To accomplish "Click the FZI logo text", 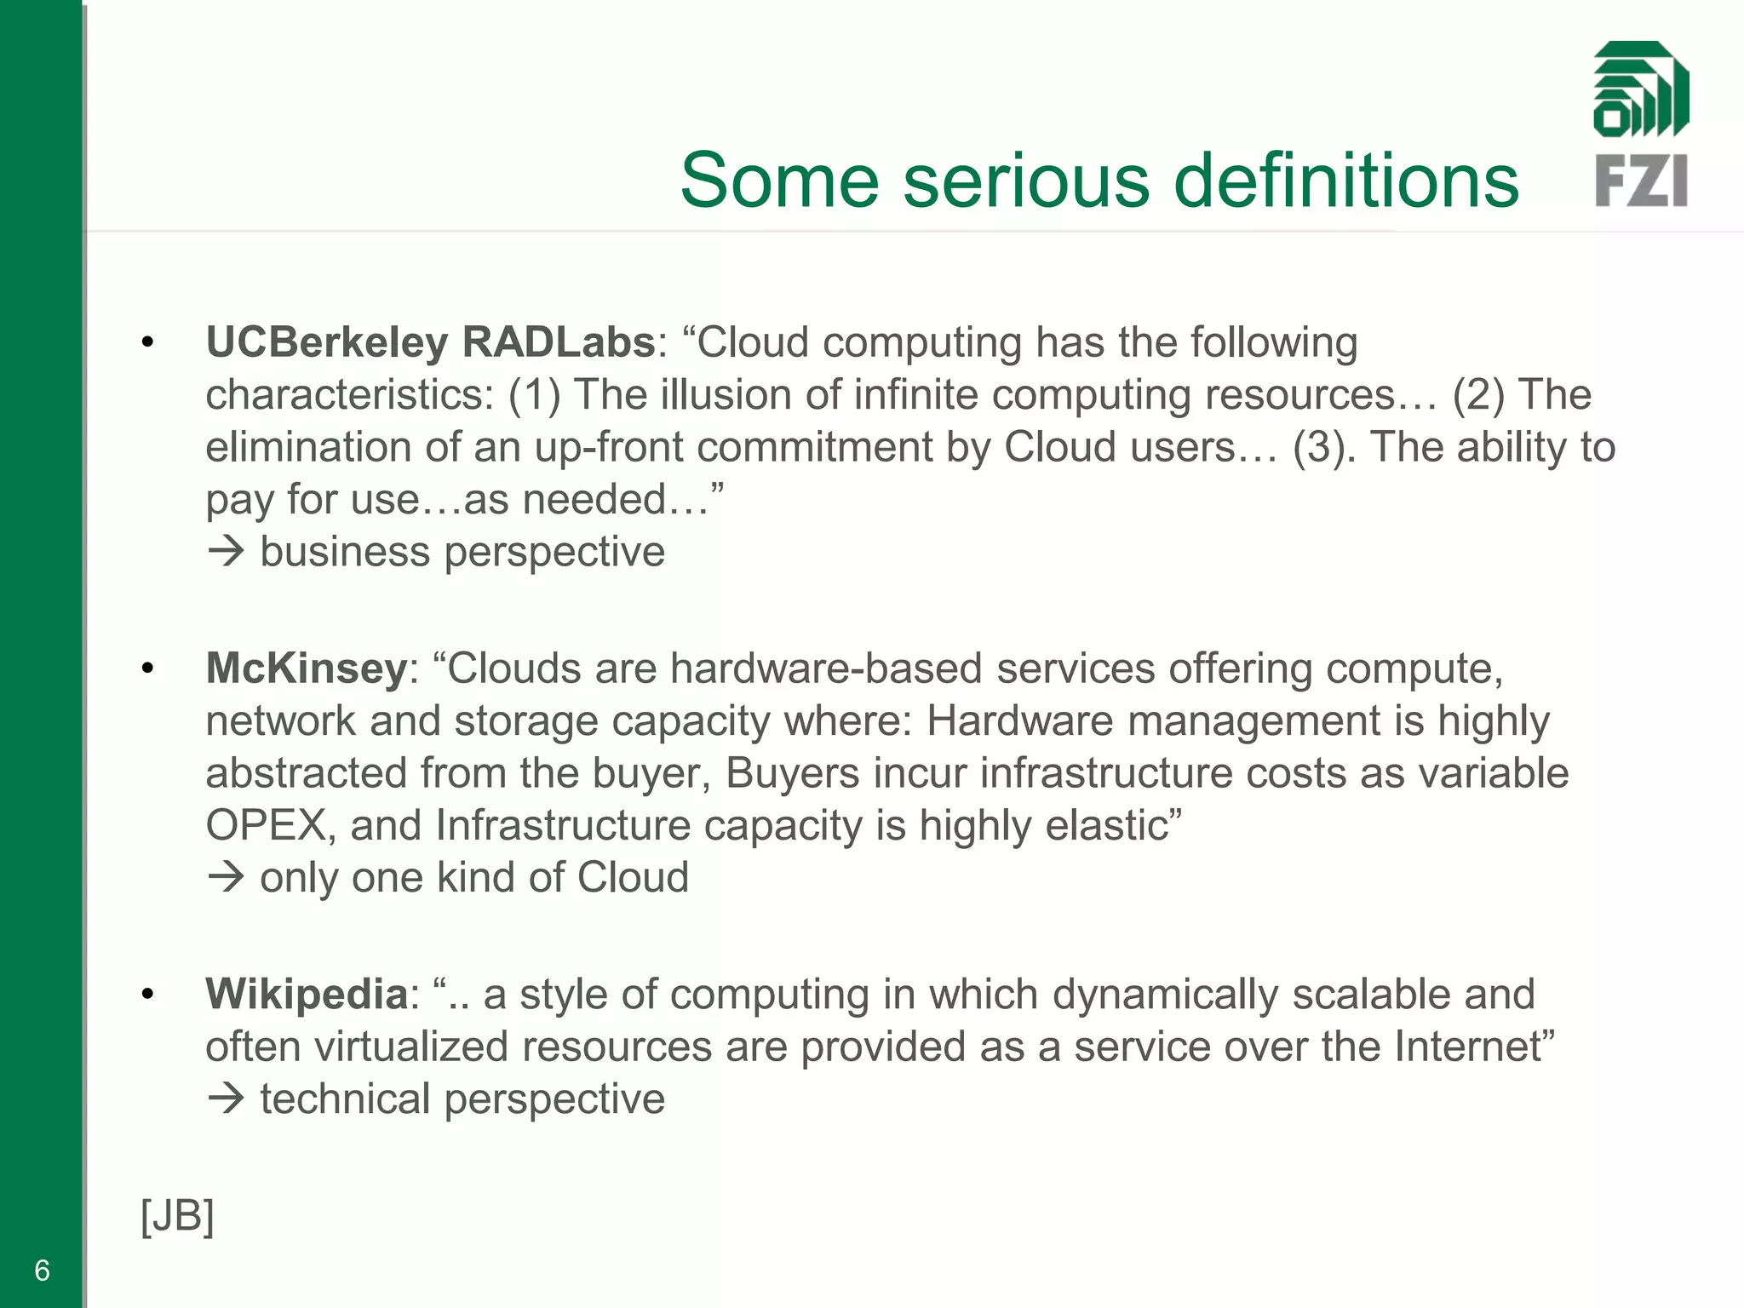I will click(x=1641, y=181).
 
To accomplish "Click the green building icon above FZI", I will click(x=1641, y=89).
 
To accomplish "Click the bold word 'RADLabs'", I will click(x=559, y=342).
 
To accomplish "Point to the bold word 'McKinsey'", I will click(x=307, y=668).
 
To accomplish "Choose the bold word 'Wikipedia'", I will click(x=307, y=995).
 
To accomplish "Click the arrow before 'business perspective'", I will click(x=227, y=553).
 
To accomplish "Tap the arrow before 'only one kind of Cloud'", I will click(x=227, y=878).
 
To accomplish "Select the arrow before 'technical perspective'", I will click(x=227, y=1099).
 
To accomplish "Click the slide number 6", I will click(x=42, y=1271).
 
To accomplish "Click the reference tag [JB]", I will click(x=177, y=1216).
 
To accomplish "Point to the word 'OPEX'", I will click(x=266, y=826).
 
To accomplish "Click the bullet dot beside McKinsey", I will click(x=148, y=668).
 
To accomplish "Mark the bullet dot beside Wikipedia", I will click(x=148, y=995).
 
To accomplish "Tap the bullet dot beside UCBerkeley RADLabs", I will click(x=148, y=343).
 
